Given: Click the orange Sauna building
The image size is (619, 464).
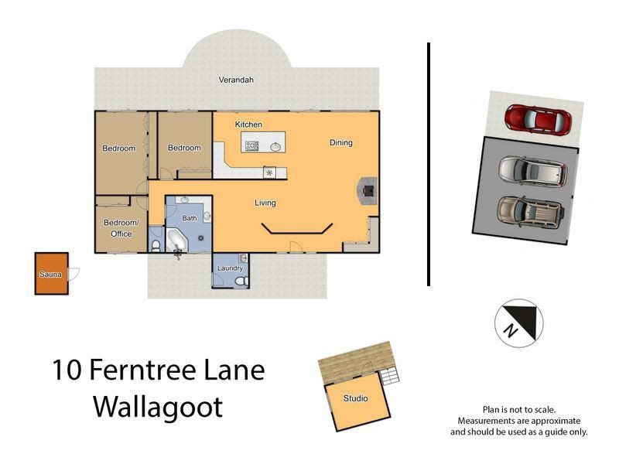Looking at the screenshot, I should pyautogui.click(x=51, y=273).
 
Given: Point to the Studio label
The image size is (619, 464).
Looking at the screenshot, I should pyautogui.click(x=356, y=399).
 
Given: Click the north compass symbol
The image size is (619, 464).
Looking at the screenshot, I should pyautogui.click(x=518, y=323).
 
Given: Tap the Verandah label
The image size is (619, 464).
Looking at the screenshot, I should pyautogui.click(x=236, y=80).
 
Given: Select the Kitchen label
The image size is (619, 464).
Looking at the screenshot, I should pyautogui.click(x=248, y=125).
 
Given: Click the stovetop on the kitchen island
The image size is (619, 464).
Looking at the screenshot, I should pyautogui.click(x=251, y=145).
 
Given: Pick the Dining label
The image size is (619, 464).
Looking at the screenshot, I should pyautogui.click(x=340, y=142).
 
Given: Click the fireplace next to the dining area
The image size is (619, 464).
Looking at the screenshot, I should pyautogui.click(x=369, y=188).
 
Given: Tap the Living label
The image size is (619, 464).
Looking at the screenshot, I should pyautogui.click(x=265, y=203).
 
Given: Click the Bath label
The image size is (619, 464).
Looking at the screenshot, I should pyautogui.click(x=190, y=219).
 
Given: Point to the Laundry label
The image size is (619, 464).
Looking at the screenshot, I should pyautogui.click(x=230, y=268).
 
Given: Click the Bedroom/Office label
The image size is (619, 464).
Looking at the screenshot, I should pyautogui.click(x=121, y=228).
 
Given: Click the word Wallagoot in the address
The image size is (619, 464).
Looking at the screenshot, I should pyautogui.click(x=158, y=406).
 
